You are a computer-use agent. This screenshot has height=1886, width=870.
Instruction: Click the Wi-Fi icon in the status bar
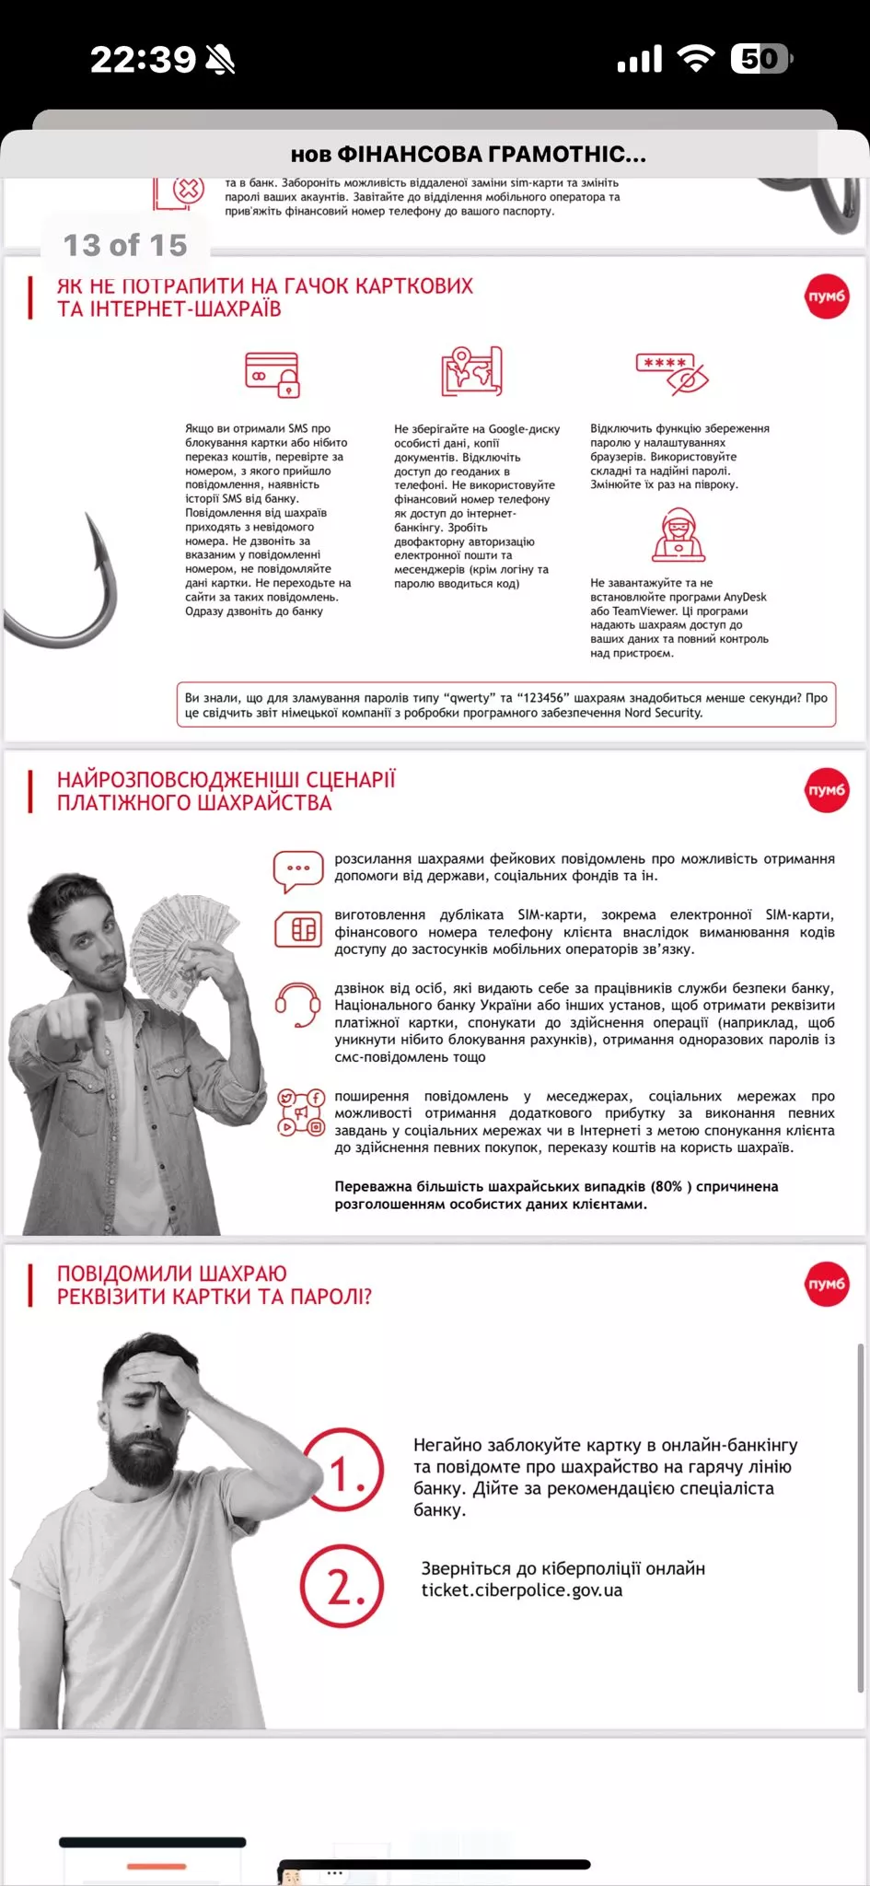696,59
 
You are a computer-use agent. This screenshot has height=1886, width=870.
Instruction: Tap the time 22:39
143,60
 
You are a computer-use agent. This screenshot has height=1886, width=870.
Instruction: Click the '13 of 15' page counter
125,245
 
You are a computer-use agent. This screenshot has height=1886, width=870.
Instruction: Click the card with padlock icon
273,374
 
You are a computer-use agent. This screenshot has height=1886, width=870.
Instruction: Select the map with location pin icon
471,371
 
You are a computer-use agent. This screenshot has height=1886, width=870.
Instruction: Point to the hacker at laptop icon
679,534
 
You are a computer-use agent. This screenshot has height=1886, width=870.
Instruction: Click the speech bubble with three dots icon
298,871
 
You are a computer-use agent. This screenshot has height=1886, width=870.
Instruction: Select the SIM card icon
298,929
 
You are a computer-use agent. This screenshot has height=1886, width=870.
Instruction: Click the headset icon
298,1004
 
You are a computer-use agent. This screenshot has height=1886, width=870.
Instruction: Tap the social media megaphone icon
301,1112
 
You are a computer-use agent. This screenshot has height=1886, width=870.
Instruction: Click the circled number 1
343,1470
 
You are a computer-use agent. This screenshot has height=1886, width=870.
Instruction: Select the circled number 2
342,1586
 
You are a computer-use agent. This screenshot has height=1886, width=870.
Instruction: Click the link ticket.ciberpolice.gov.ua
522,1590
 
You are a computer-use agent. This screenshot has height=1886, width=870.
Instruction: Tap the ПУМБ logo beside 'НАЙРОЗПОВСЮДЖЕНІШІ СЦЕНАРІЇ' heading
826,790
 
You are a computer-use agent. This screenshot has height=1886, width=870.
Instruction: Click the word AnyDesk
744,597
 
